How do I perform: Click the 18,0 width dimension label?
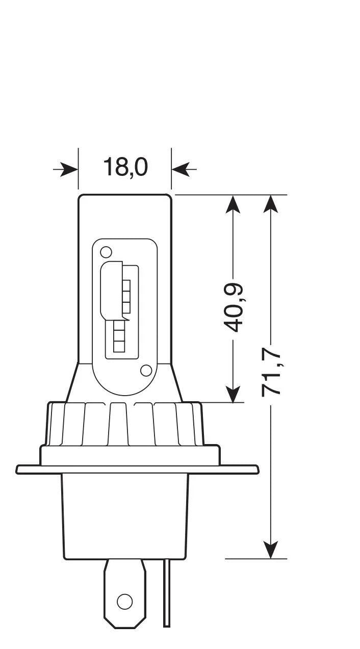click(125, 167)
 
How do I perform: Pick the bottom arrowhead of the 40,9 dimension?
click(233, 393)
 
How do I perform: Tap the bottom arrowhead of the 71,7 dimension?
click(272, 549)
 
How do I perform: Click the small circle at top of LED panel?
click(106, 252)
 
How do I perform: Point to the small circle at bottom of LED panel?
click(146, 371)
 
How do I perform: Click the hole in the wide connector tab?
click(124, 602)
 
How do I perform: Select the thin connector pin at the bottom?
click(167, 594)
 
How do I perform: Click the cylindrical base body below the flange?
click(125, 515)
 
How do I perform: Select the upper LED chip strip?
click(126, 296)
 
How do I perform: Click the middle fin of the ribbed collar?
click(118, 423)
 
